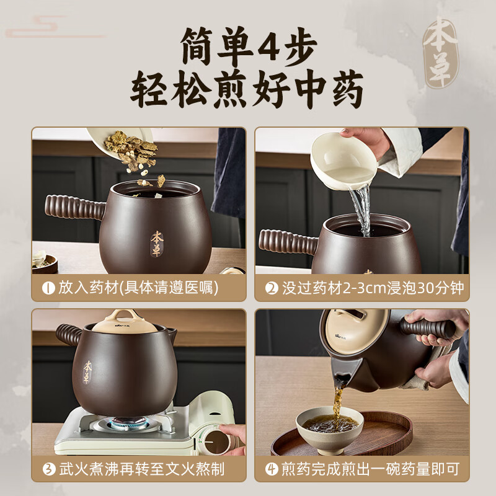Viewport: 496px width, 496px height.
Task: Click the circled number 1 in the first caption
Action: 48,288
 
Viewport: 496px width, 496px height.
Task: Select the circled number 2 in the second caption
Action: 272,288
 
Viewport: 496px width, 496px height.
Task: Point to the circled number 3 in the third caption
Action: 48,468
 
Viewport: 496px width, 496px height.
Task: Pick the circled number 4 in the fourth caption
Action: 272,468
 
